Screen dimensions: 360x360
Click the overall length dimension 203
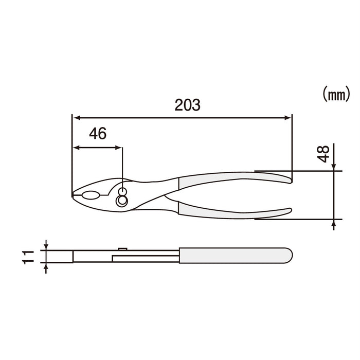pos(187,105)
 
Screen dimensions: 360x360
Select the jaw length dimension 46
pos(97,134)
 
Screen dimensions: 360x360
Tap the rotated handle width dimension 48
pos(323,154)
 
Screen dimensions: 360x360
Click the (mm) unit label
pos(336,94)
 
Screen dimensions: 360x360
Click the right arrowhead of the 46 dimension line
pos(119,148)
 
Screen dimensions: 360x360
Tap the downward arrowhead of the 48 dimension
pos(334,166)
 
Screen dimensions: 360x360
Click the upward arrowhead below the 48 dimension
pos(334,223)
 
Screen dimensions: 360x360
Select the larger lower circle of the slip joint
pos(122,201)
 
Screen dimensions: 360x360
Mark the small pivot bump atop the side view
pos(123,248)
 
